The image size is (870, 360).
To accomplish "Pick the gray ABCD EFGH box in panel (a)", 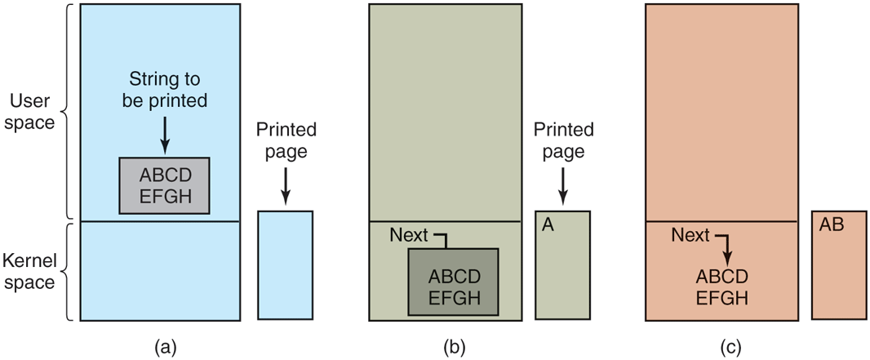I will [164, 185].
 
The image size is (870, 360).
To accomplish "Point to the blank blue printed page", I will [285, 264].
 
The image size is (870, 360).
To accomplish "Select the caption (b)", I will [454, 346].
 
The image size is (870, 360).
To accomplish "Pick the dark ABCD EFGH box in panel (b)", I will [454, 282].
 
